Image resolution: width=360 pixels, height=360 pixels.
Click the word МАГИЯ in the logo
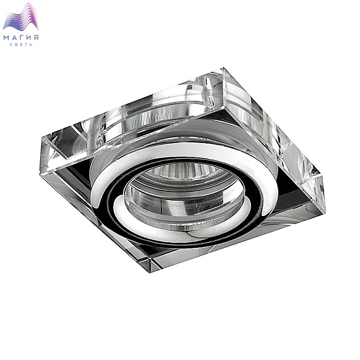(21, 38)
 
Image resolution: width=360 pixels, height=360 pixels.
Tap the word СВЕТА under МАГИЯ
(21, 45)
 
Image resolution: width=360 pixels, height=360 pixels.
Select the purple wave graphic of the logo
(21, 17)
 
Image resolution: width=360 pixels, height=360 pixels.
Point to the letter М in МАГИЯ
(7, 38)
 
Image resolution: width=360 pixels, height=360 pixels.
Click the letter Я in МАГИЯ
(35, 38)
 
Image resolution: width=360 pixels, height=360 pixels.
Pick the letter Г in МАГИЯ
(22, 38)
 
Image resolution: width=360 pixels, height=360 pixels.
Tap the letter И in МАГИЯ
(28, 38)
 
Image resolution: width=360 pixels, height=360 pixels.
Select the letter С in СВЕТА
(11, 45)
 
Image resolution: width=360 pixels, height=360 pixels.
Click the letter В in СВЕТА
(16, 45)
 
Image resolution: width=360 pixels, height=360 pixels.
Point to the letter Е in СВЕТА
(21, 45)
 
